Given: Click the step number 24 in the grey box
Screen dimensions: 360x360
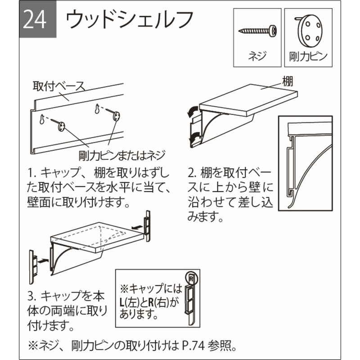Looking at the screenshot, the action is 35,20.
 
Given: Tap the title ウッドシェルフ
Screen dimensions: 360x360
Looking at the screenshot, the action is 130,19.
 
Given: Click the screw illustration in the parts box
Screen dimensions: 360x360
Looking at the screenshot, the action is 257,30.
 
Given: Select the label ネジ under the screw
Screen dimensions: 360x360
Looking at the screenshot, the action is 257,56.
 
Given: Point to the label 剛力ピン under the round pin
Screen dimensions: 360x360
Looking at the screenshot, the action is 308,57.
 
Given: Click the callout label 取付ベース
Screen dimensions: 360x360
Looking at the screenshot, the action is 59,86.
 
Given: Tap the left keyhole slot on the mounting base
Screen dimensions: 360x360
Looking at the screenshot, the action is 42,119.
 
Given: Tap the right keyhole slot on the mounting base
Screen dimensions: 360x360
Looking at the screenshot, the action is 98,108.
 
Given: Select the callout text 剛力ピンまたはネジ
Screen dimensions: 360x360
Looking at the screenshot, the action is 122,155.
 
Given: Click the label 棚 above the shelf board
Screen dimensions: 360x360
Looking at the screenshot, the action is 288,81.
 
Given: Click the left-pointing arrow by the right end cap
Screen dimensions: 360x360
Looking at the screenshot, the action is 138,227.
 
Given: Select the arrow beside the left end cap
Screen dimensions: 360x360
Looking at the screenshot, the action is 43,261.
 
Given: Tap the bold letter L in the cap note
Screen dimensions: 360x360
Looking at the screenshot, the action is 122,302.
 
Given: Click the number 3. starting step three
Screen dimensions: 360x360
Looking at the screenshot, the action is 32,296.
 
